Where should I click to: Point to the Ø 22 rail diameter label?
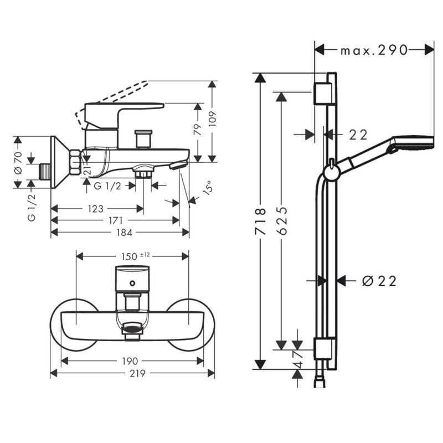pos(379,281)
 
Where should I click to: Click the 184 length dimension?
pos(124,233)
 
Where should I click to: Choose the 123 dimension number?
pos(96,209)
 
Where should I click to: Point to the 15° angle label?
pos(207,188)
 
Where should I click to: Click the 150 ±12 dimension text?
pos(133,256)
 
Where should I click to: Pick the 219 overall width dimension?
pos(133,374)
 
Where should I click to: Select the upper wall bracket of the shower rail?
pos(322,94)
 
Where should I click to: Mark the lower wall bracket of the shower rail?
pos(322,350)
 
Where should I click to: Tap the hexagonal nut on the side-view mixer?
pos(74,163)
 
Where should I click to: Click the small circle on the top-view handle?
pos(132,284)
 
